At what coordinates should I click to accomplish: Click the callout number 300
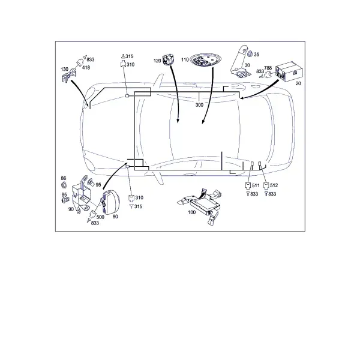pos(199,105)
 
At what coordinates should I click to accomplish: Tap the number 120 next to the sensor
pos(157,61)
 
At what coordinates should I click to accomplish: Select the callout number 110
pos(185,59)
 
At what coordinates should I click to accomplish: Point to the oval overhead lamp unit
pos(203,60)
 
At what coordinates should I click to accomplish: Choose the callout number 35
pos(256,55)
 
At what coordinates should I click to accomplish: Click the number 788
pos(268,68)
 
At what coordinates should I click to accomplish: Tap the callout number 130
pos(65,69)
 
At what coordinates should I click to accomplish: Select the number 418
pos(86,67)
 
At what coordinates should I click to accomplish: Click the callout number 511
pos(256,185)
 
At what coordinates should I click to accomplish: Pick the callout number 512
pos(274,185)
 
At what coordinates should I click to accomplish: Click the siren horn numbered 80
pos(110,202)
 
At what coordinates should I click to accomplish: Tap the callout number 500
pos(100,217)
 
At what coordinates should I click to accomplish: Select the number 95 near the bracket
pos(98,185)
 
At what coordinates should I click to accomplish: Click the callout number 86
pos(64,178)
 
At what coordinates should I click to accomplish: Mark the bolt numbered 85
pos(65,200)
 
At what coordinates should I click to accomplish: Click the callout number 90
pos(71,209)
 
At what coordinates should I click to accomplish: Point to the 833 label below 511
pos(254,194)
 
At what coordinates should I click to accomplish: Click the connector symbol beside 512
pos(266,185)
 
